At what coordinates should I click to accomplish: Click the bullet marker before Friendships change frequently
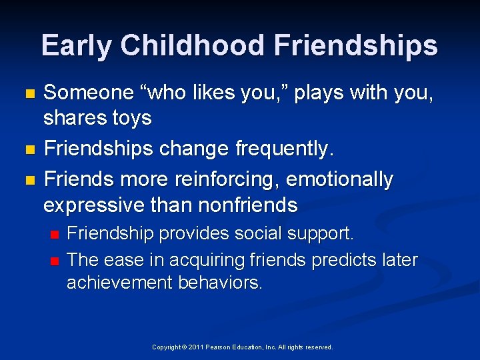pos(27,151)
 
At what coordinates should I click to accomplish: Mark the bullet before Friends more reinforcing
pos(27,181)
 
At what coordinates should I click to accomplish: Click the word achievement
pos(120,283)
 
